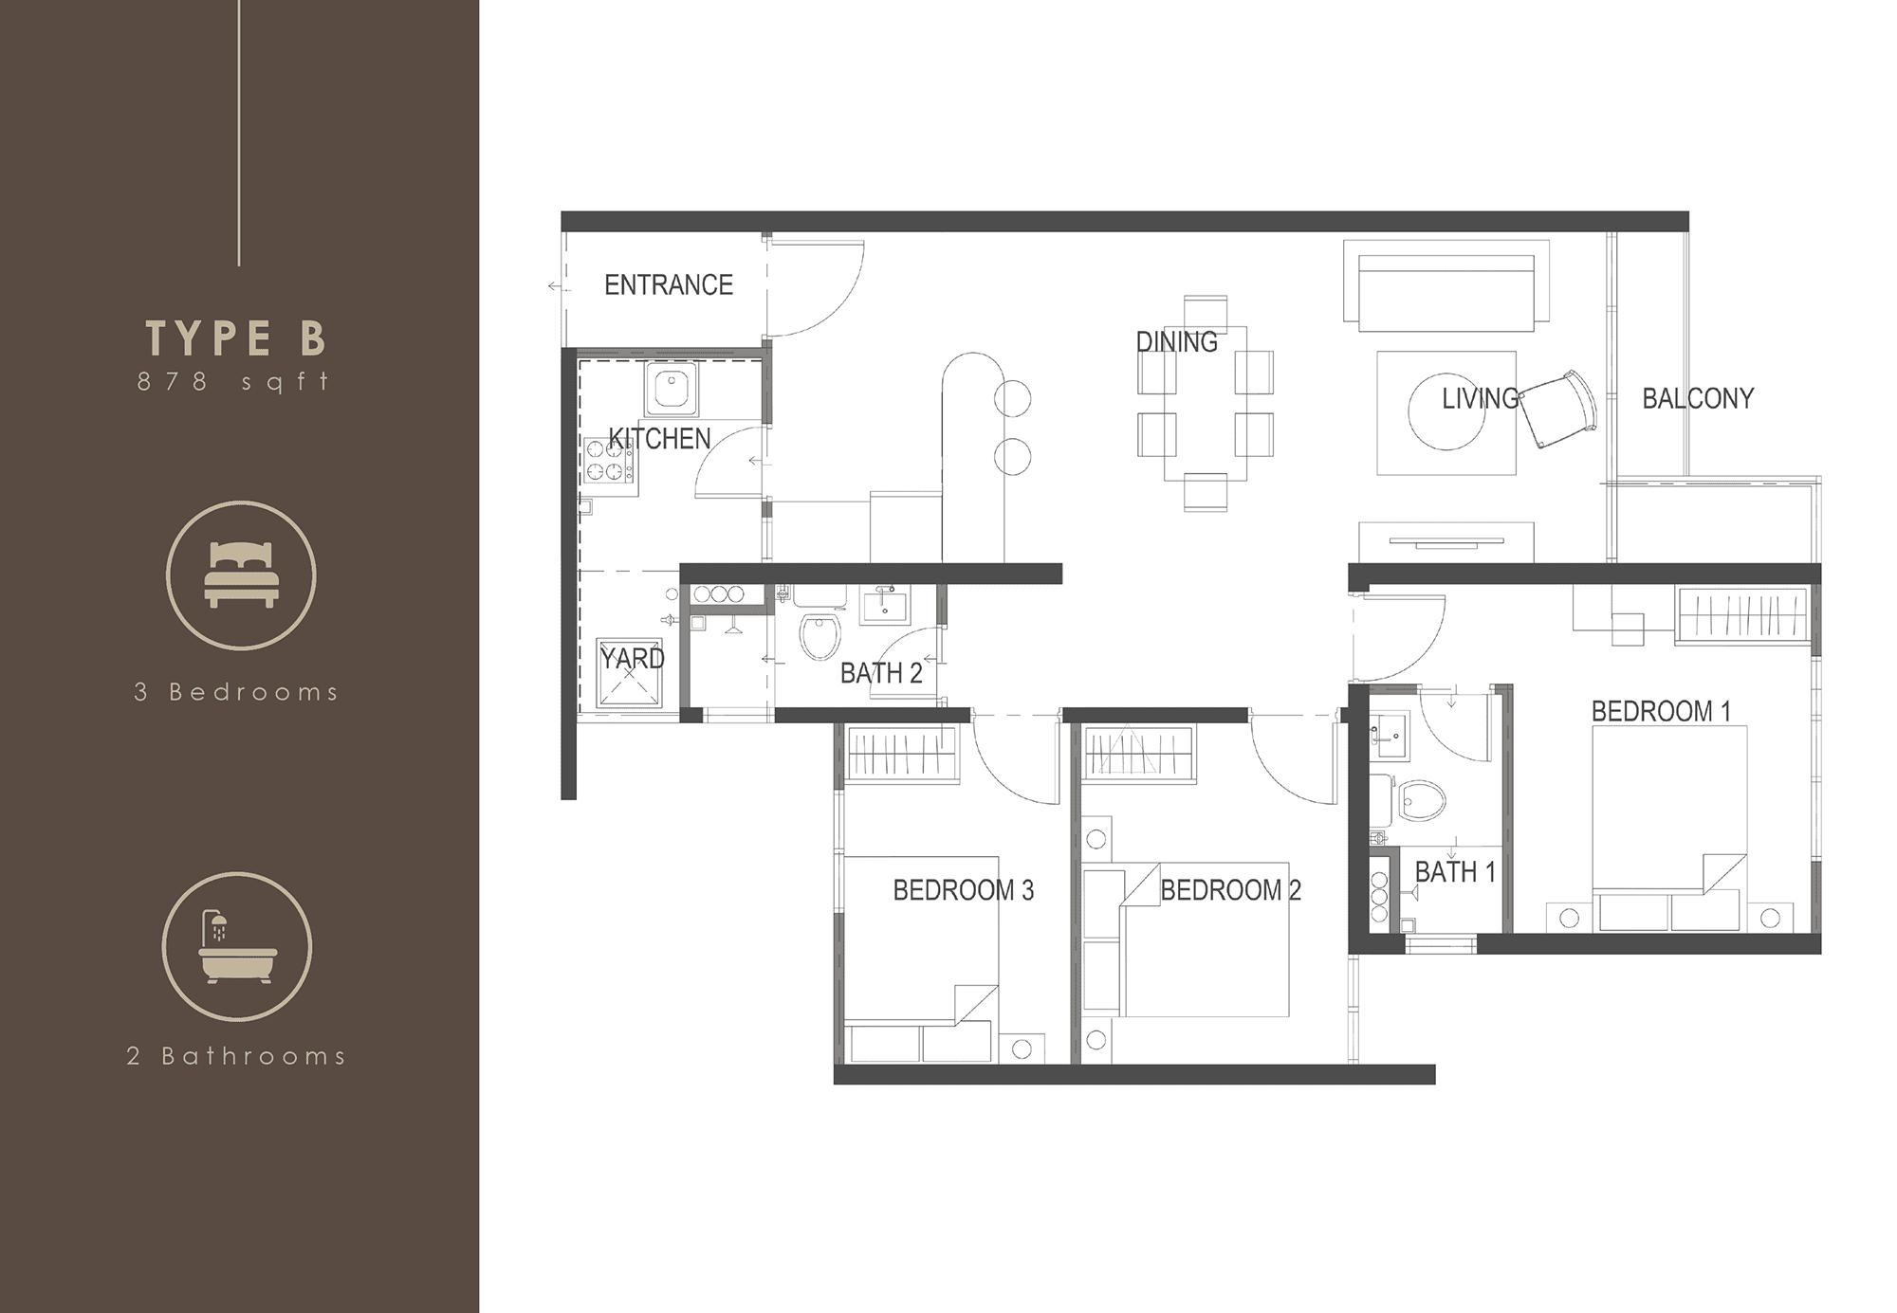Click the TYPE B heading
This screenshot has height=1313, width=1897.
click(236, 337)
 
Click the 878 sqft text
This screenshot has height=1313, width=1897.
click(234, 381)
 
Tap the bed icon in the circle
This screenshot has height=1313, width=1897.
click(241, 574)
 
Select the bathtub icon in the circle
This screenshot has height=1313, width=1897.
click(237, 947)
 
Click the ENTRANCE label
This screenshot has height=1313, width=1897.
click(669, 284)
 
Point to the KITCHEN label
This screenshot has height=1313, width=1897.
click(659, 439)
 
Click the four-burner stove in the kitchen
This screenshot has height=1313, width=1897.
click(609, 461)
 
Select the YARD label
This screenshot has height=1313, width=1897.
click(632, 658)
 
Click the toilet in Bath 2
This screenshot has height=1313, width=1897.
click(820, 636)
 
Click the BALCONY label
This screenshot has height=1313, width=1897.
click(1698, 398)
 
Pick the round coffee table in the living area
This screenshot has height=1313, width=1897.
click(1446, 411)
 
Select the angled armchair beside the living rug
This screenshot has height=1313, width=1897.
click(1557, 409)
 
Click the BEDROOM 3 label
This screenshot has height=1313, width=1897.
click(964, 890)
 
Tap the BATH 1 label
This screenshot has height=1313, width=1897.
click(1455, 871)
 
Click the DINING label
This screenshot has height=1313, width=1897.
click(1177, 341)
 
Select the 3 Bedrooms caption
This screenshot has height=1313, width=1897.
click(236, 692)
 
